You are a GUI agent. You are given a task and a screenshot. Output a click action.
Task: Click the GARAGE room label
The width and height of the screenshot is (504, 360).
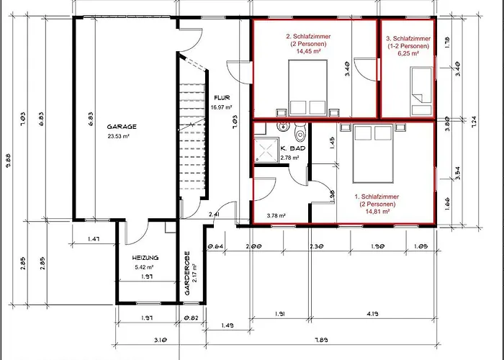click(122, 127)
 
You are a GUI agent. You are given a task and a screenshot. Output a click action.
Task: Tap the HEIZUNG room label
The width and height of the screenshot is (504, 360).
click(145, 258)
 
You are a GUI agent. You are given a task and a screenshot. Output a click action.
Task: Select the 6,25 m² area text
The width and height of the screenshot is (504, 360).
click(408, 53)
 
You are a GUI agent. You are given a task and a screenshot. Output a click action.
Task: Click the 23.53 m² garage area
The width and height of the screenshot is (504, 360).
click(122, 135)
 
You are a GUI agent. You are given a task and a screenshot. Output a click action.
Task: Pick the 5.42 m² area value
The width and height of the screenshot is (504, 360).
click(145, 267)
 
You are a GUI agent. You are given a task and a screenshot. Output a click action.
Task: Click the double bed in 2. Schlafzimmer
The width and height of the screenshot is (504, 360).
click(308, 87)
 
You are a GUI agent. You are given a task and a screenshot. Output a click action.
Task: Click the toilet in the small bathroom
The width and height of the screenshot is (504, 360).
click(300, 132)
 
